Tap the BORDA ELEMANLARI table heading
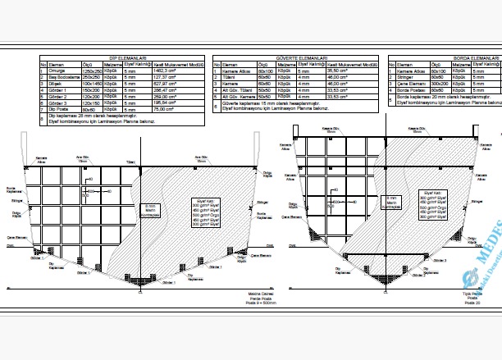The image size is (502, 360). [x=475, y=59]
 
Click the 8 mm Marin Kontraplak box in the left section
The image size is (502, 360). [x=149, y=209]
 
